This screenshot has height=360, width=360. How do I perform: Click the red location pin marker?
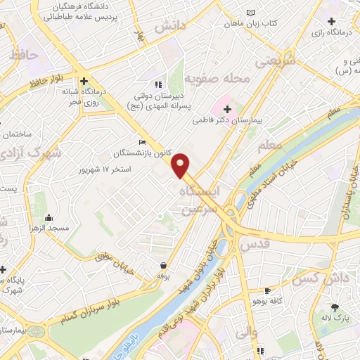181,165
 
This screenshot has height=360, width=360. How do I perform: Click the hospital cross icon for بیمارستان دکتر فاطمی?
226,109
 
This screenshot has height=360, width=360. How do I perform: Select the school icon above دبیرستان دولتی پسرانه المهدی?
157,84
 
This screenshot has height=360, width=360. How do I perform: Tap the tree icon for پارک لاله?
335,307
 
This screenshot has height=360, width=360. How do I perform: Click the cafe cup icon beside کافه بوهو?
267,290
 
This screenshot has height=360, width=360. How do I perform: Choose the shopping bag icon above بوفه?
164,266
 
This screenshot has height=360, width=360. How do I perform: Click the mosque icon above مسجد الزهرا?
48,217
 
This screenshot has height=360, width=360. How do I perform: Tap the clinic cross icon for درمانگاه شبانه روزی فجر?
84,81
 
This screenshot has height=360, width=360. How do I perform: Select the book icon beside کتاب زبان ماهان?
252,12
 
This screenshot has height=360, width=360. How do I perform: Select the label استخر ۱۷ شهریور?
105,169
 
